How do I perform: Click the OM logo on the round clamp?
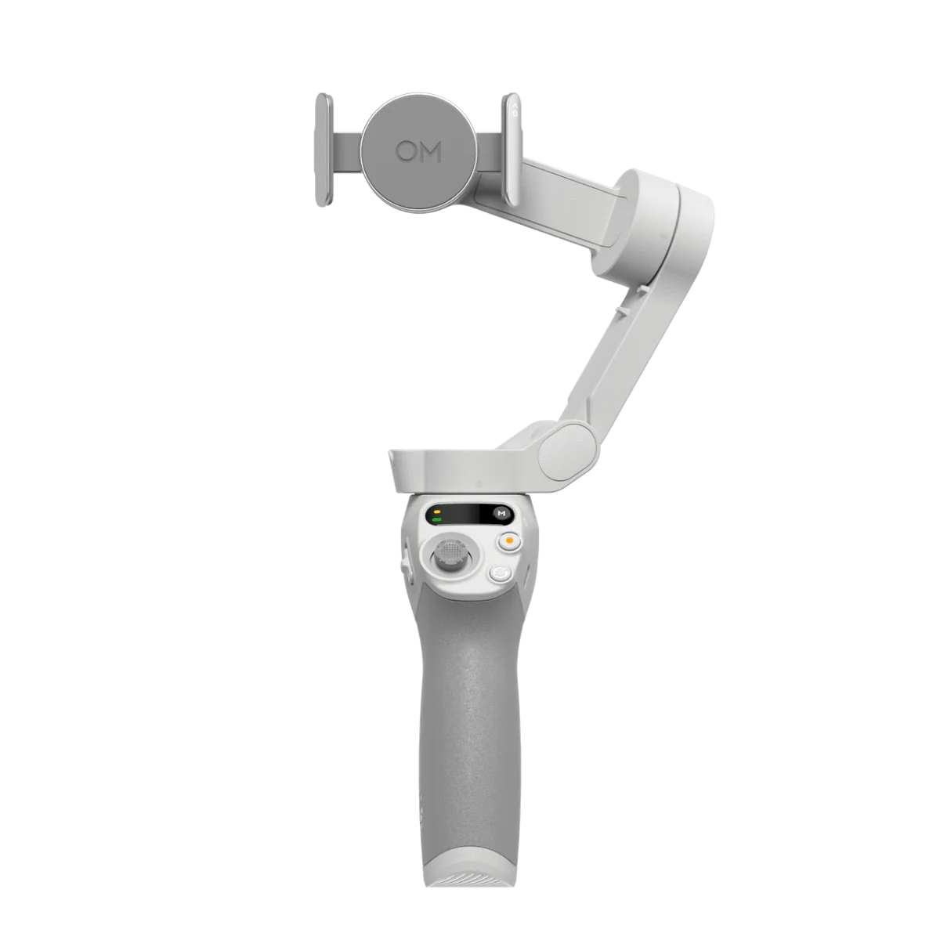point(418,152)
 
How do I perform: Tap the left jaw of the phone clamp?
point(324,150)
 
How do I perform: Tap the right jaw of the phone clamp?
point(512,150)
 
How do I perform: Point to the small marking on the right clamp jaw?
point(515,110)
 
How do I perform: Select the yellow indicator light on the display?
point(436,512)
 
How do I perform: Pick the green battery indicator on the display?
point(436,520)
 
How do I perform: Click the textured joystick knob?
point(450,555)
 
